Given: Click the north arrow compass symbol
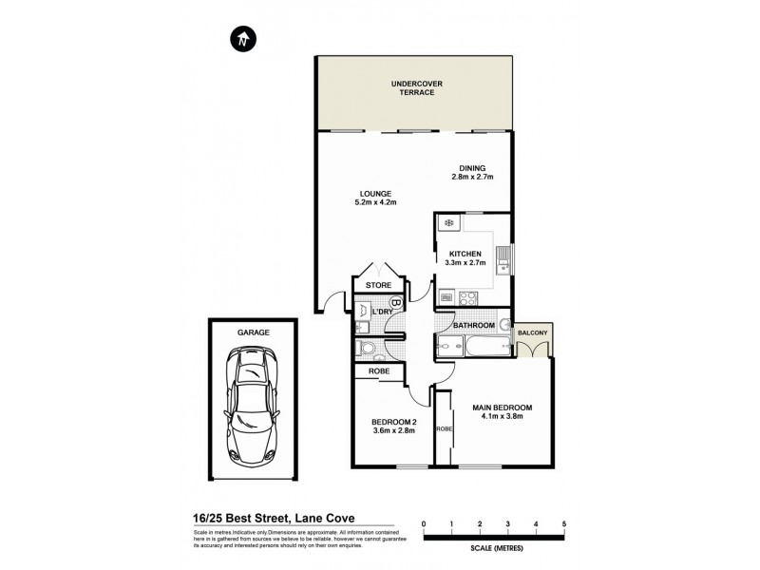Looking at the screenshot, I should (244, 39).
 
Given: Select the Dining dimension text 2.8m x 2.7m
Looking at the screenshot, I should (472, 177).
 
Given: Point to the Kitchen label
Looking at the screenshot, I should (465, 254).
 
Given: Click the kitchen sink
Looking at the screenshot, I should (509, 257).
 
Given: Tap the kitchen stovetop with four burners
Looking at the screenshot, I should (467, 298).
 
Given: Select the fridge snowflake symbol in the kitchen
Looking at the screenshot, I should (448, 224).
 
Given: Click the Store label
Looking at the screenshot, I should (378, 284).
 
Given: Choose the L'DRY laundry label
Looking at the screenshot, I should (382, 312).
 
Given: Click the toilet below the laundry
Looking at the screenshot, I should (362, 350).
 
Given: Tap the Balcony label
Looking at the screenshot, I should (533, 332).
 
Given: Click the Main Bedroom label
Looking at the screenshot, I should (503, 408).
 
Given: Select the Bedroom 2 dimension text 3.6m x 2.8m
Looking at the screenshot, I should (393, 430).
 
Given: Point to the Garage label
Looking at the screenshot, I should (254, 332).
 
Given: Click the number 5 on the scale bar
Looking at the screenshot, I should (564, 524).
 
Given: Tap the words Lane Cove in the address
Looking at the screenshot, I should (324, 518).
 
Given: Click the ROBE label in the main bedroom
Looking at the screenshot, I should (444, 429).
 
